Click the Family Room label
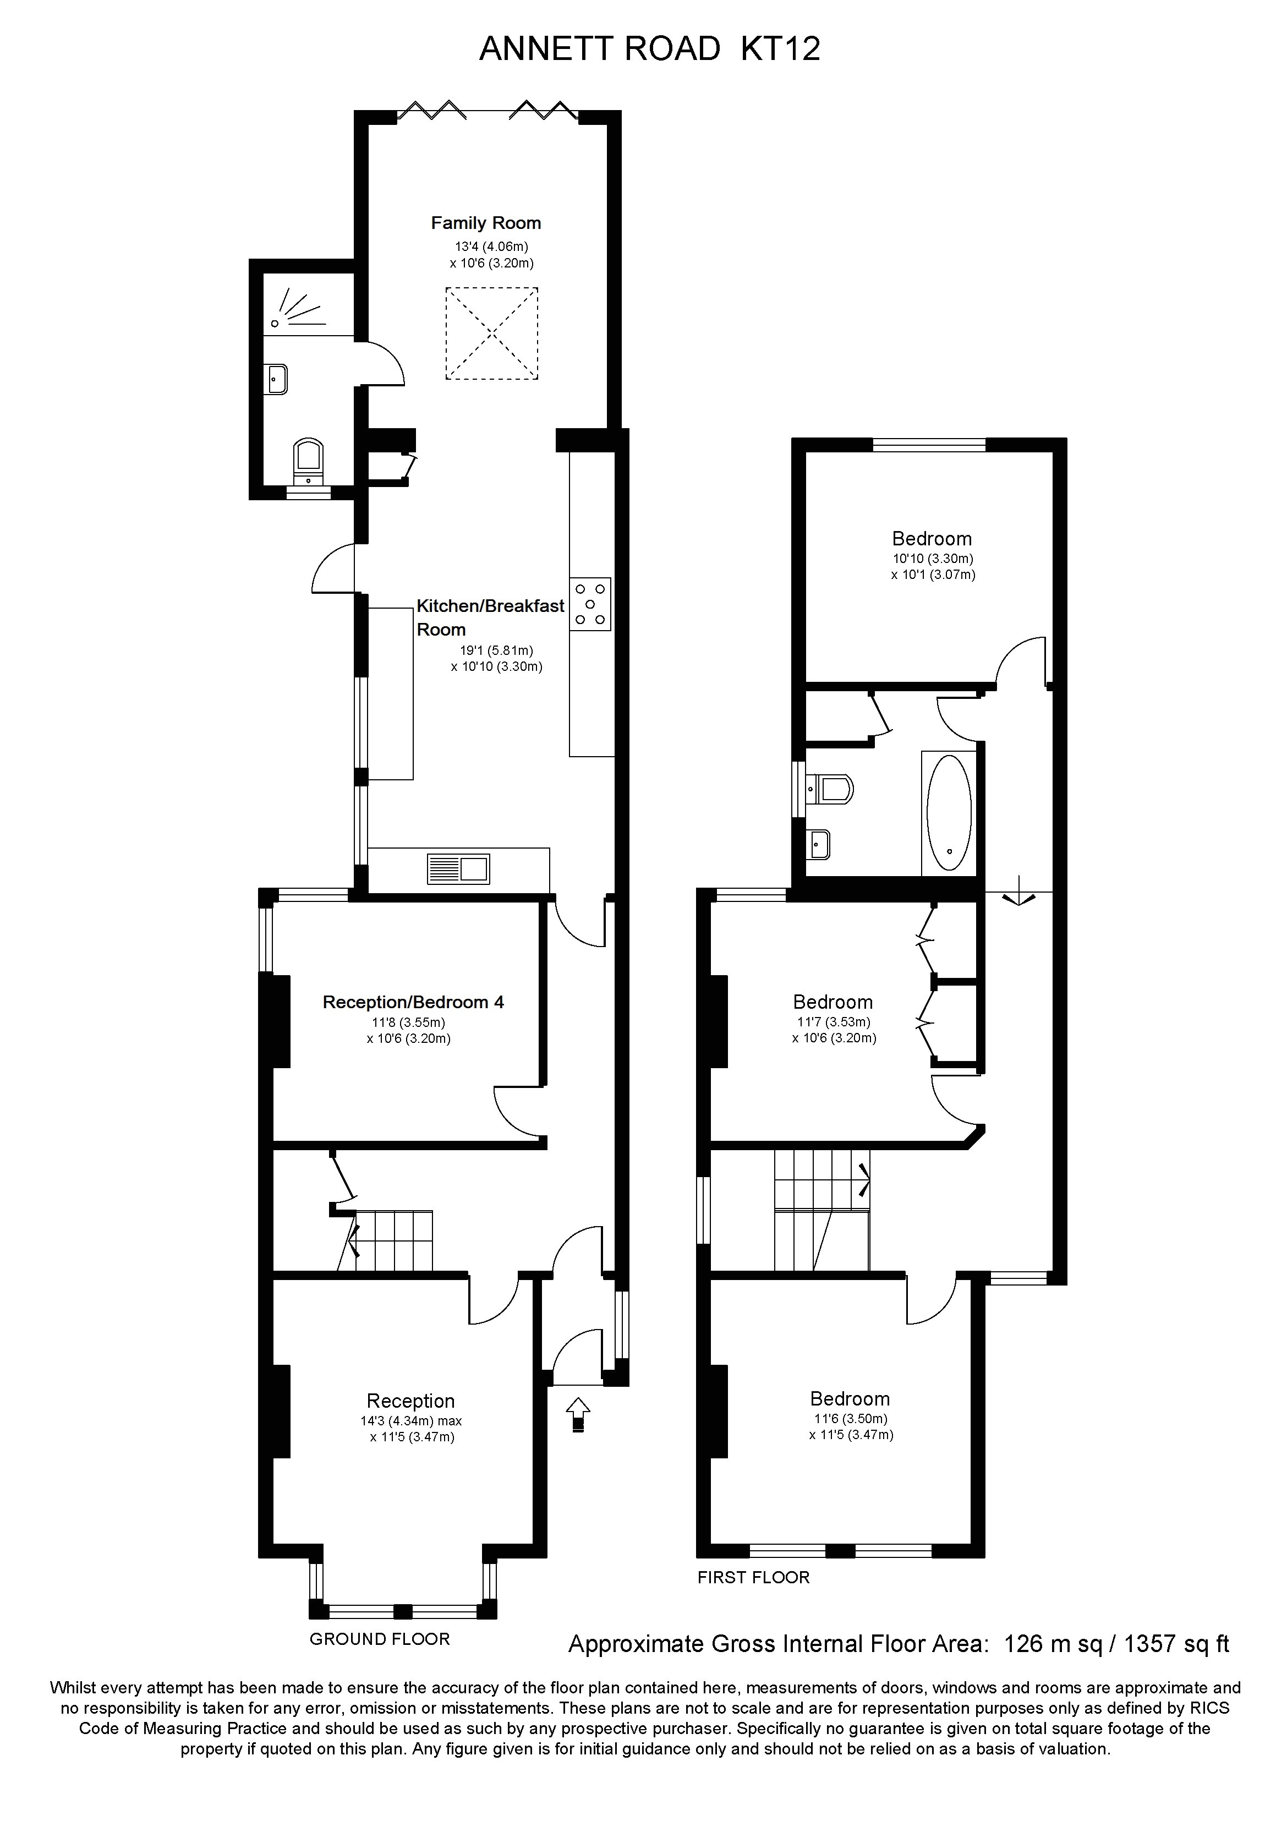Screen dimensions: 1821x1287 click(485, 223)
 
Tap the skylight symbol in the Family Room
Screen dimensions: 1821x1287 click(492, 333)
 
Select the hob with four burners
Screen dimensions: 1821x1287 click(590, 604)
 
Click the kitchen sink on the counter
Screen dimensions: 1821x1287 click(458, 868)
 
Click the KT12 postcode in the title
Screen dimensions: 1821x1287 click(780, 49)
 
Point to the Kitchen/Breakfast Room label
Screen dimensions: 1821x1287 click(490, 617)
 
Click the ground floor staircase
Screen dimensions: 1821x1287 click(392, 1240)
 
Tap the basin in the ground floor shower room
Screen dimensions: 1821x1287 click(277, 379)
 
